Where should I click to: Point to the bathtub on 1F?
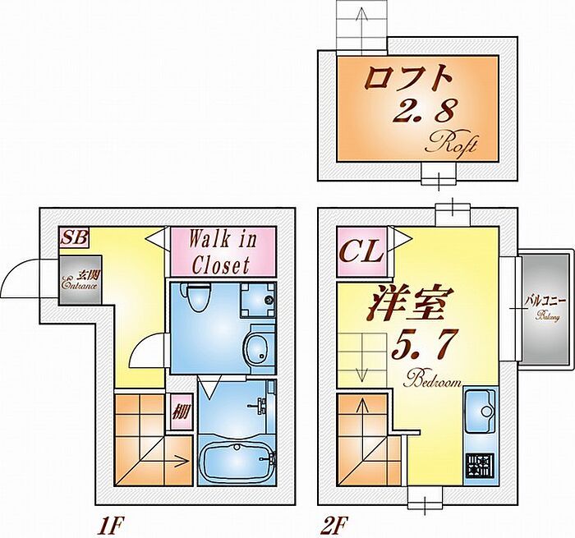point(238,465)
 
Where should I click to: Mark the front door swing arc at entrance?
point(25,282)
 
